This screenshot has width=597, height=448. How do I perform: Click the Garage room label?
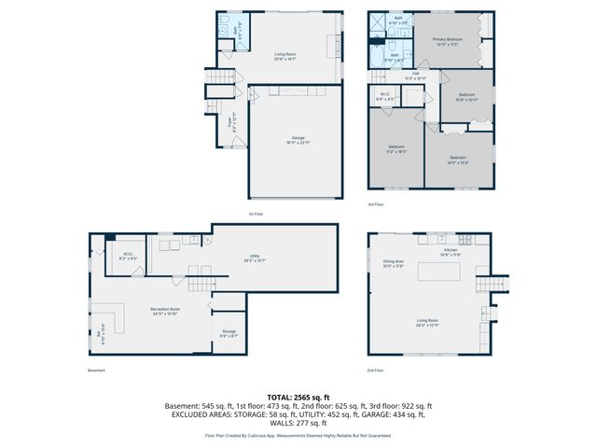coord(298,140)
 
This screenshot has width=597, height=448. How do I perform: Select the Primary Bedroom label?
coord(449,41)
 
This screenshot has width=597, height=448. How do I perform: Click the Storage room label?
coord(229,333)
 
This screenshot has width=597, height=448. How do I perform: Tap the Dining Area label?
coord(393,264)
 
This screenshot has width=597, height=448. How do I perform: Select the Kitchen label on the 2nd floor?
coord(451,252)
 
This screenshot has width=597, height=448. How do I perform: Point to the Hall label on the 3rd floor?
coord(415,75)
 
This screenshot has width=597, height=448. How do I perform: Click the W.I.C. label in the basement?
coord(128,256)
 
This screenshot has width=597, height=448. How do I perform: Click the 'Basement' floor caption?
coord(97,371)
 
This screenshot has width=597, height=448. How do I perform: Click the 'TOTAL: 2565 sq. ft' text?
coord(298,398)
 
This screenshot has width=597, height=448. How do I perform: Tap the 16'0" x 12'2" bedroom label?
coord(457,159)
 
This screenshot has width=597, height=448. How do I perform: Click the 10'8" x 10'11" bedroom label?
coord(467,97)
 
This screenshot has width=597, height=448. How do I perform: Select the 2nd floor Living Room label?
coord(427,322)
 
